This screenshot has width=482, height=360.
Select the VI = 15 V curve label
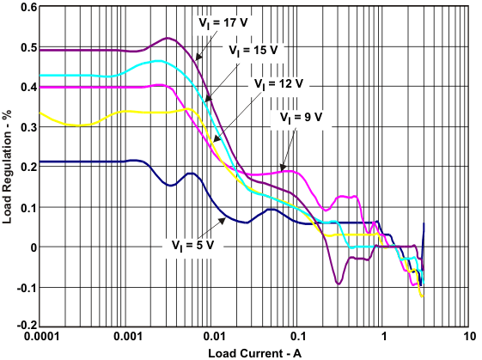point(253,51)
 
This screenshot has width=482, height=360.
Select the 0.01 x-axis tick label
point(214,338)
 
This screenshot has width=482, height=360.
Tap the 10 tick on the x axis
point(468,338)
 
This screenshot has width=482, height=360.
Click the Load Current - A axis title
point(253,352)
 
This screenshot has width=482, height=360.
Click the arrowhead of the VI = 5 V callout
point(226,220)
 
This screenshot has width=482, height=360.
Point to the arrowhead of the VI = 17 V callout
point(196,59)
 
